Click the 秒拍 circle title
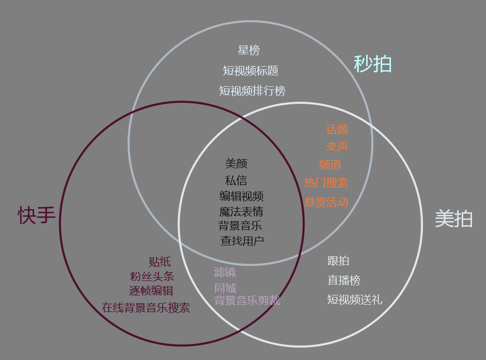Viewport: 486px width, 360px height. click(372, 64)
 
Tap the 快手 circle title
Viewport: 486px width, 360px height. click(37, 215)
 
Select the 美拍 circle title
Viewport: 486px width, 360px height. click(453, 219)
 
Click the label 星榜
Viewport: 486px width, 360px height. click(249, 51)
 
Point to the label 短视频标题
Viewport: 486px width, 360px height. click(250, 71)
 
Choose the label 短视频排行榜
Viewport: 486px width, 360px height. click(252, 91)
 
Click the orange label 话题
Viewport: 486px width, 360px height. click(337, 130)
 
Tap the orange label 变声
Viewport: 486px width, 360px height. click(337, 147)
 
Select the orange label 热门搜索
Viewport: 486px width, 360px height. click(326, 183)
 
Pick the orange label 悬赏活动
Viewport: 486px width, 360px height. click(326, 202)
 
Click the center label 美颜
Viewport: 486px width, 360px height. click(236, 164)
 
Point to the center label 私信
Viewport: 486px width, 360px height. click(236, 181)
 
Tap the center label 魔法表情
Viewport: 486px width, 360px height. click(241, 212)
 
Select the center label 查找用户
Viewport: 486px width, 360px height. click(242, 241)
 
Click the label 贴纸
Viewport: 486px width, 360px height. click(160, 262)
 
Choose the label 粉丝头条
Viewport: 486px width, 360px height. click(152, 276)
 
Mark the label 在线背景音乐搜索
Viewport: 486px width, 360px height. click(146, 308)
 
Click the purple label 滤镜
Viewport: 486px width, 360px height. click(225, 272)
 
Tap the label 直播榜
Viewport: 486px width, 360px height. click(343, 280)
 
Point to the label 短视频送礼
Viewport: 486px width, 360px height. click(355, 300)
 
